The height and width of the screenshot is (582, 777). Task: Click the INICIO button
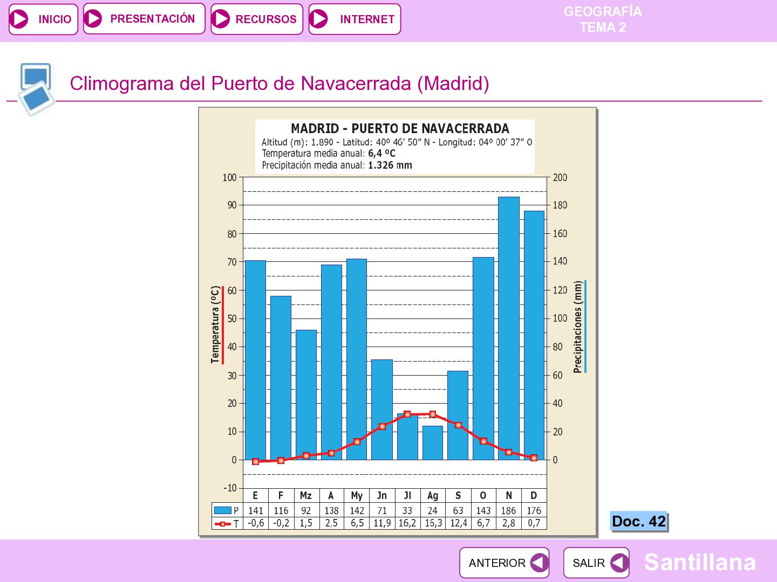point(43,19)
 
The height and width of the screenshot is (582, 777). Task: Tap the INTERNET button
point(355,19)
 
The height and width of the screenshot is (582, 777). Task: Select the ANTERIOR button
point(504,563)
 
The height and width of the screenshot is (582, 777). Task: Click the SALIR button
point(596,563)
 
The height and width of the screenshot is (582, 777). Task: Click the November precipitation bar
point(509,328)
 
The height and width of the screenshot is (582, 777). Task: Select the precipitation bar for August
point(433,443)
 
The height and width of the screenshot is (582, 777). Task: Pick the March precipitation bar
point(306,395)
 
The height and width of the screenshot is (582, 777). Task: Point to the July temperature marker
point(407,414)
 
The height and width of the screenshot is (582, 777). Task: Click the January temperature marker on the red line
point(256,461)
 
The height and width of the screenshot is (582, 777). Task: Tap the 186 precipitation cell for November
point(509,511)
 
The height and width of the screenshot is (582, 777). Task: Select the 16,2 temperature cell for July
point(407,523)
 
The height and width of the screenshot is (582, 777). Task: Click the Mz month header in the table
point(306,496)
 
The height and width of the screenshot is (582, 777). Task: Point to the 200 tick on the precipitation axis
point(560,177)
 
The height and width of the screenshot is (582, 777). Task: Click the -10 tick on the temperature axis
point(230,488)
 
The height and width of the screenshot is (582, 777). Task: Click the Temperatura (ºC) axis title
point(215,324)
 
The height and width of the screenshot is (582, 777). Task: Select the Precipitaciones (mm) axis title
point(577,327)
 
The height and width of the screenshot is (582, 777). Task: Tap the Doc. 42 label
point(639,521)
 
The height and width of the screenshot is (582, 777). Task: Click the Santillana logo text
point(700,562)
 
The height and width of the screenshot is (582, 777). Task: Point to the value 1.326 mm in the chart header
point(390,165)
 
